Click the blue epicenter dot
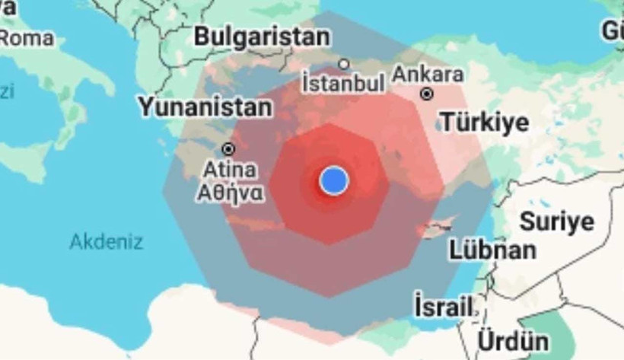tap(333, 180)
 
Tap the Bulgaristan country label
tap(262, 36)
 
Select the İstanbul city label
tap(343, 82)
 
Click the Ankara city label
tap(428, 75)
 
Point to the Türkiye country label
tap(485, 122)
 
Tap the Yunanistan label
tap(205, 107)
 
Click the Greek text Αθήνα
tap(231, 193)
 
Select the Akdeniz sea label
tap(107, 242)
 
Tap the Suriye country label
tap(556, 221)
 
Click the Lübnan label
tap(492, 249)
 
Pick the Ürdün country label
tap(514, 340)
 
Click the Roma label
tap(27, 37)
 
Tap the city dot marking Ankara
tap(428, 94)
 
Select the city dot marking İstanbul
tap(344, 65)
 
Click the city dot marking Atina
tap(228, 149)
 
